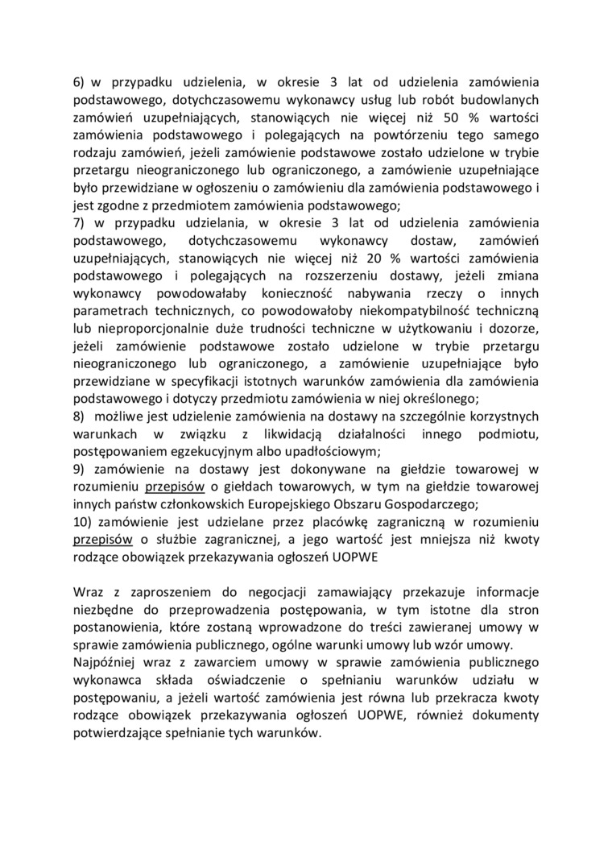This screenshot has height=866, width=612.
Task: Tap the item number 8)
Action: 79,417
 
